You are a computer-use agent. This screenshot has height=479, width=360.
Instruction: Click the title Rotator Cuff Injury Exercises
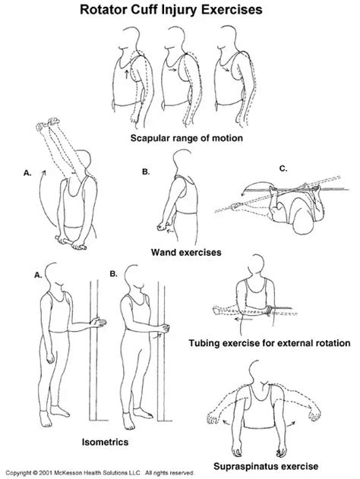pyautogui.click(x=180, y=11)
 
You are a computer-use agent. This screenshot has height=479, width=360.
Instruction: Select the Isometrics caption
pyautogui.click(x=85, y=439)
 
